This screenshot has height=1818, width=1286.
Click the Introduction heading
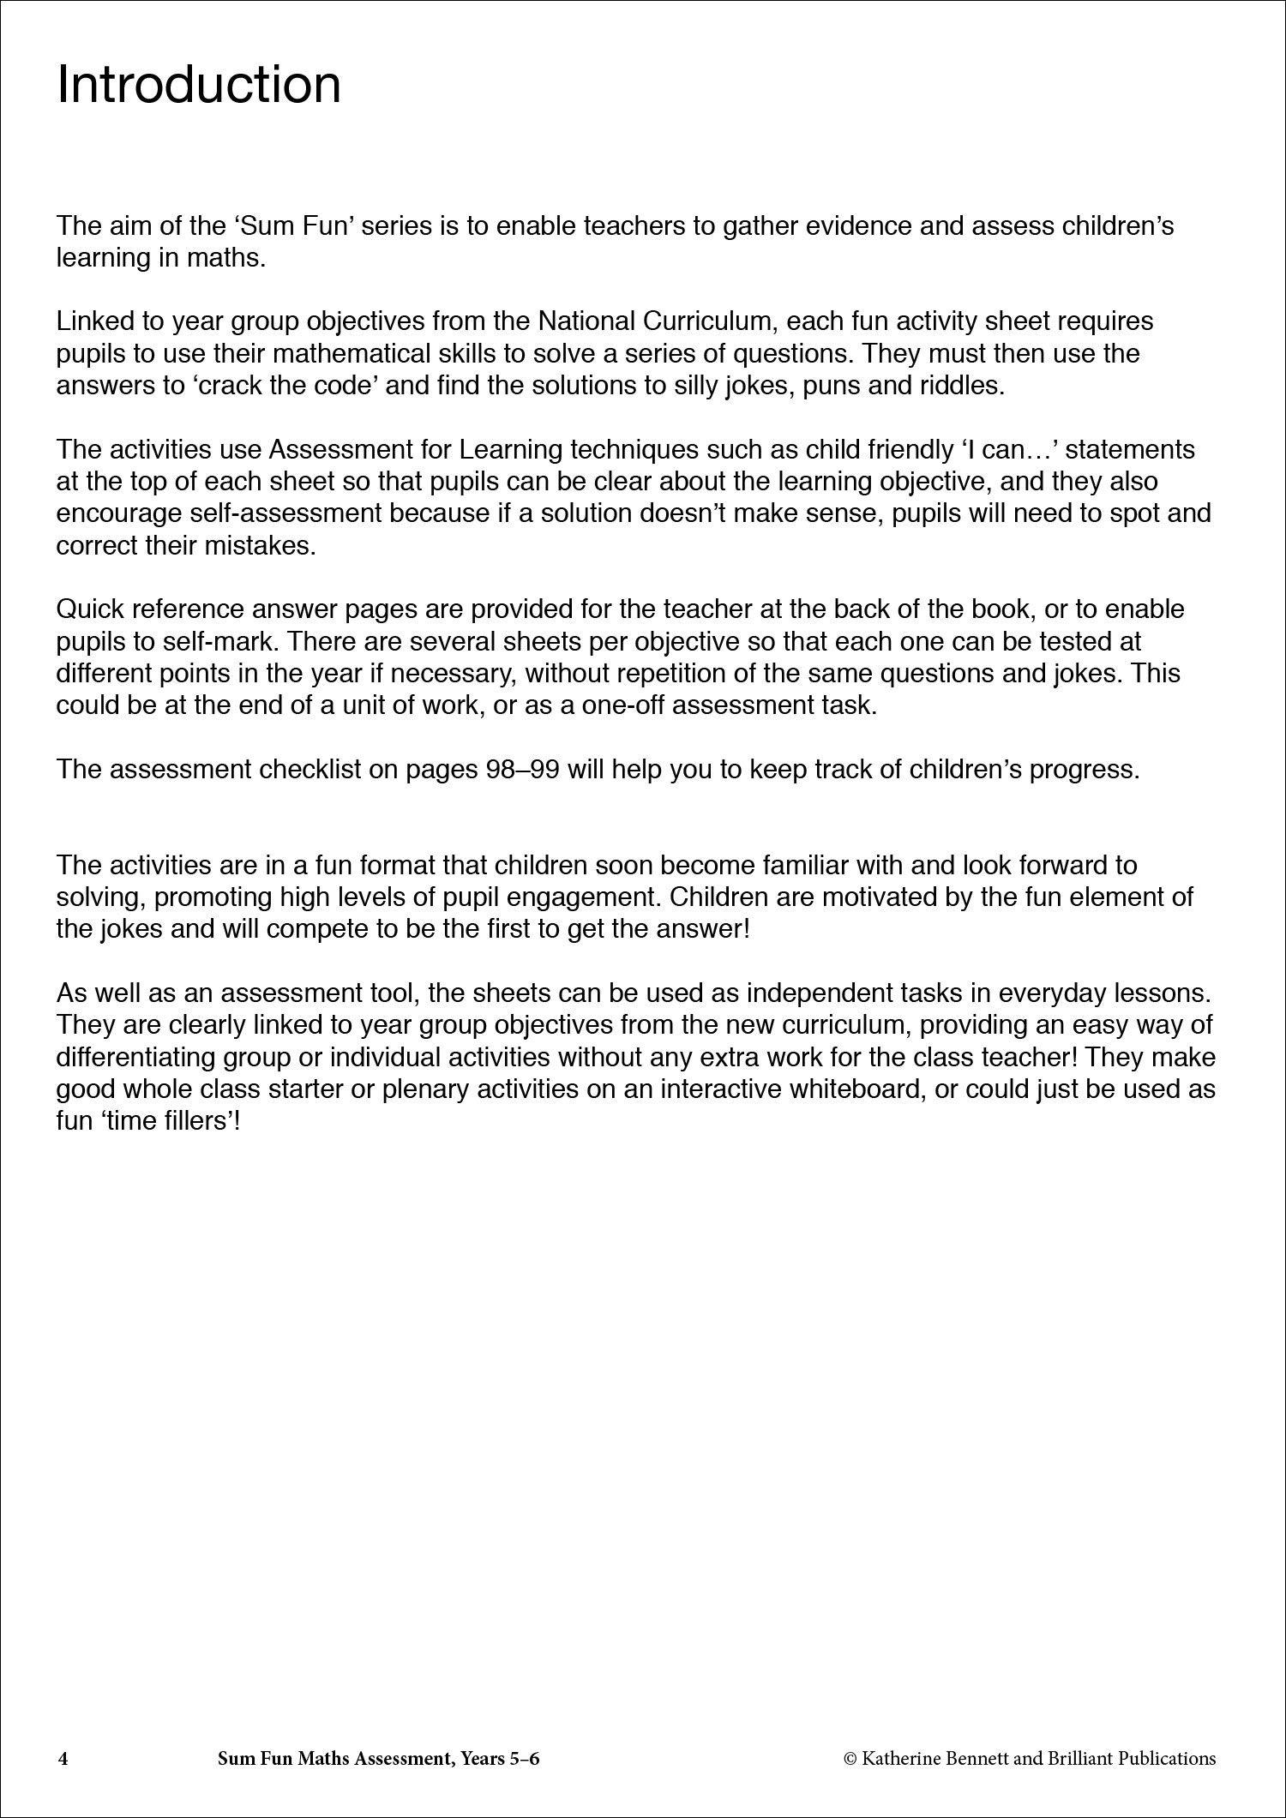[198, 85]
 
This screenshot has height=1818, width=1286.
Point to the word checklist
[297, 770]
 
